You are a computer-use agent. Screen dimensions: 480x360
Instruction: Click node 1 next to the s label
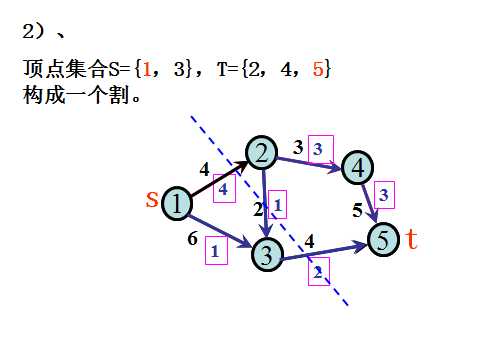click(176, 203)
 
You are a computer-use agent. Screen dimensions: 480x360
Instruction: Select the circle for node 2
click(262, 153)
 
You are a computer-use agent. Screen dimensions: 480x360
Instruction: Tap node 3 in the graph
click(268, 254)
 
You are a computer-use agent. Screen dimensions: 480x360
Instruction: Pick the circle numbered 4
click(357, 168)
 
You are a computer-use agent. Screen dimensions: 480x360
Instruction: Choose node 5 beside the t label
click(384, 240)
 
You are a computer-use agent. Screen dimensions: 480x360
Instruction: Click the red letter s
click(152, 200)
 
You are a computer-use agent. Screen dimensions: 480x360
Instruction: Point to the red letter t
click(411, 240)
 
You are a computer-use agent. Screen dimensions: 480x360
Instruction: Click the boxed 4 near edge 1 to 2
click(222, 187)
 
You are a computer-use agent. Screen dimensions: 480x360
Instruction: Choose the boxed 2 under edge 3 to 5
click(318, 271)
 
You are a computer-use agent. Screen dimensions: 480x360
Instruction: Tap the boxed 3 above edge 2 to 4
click(318, 147)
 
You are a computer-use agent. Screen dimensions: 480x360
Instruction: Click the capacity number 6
click(192, 239)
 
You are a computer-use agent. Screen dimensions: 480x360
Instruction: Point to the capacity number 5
click(357, 210)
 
